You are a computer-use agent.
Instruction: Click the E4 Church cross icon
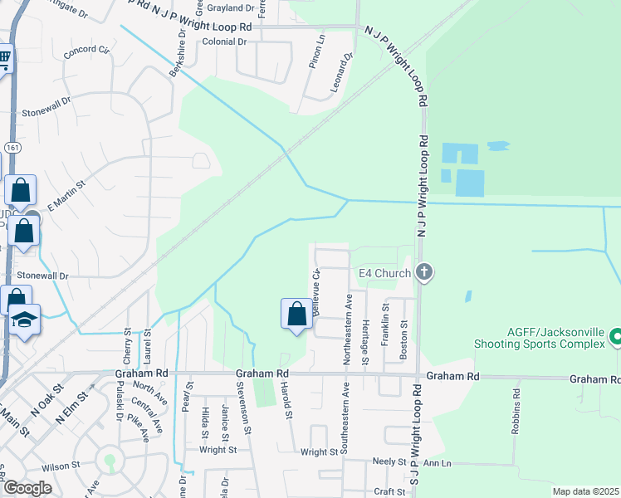pos(424,272)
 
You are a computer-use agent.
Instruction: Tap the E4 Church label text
pos(384,273)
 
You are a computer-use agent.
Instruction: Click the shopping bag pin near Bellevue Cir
pos(296,315)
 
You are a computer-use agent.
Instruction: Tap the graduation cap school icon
pos(25,321)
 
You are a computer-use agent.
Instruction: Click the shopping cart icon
pos(4,59)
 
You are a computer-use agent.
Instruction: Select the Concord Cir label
pos(87,51)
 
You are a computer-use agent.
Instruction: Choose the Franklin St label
pos(385,324)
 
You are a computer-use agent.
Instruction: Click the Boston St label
pos(404,340)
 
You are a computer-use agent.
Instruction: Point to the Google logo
pos(27,488)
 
